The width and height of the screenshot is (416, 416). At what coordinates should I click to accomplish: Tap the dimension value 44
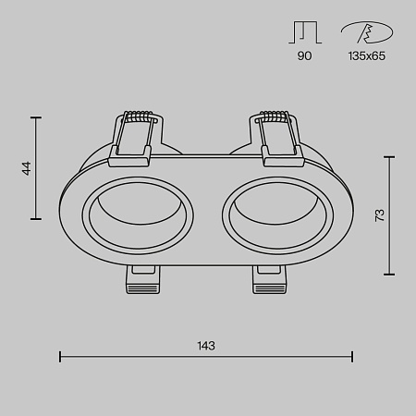click(27, 168)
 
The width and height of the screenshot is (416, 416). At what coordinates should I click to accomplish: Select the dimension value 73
click(379, 215)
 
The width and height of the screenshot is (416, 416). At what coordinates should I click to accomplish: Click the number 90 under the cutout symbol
click(305, 56)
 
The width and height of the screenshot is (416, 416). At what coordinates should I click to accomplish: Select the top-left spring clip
click(138, 135)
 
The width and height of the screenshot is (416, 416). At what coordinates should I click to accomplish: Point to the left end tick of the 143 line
click(60, 356)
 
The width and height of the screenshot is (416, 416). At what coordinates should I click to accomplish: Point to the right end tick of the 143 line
click(352, 356)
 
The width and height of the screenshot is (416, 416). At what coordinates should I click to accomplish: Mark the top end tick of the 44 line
click(37, 117)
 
